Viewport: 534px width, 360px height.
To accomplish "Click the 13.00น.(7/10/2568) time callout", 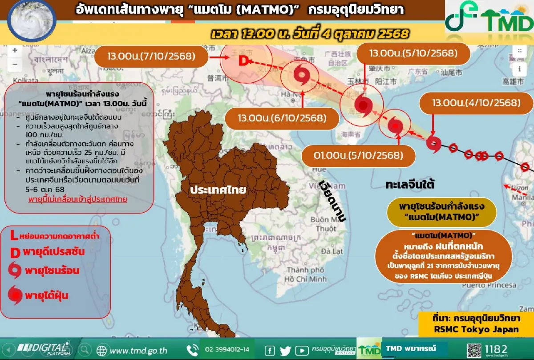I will pos(151,57).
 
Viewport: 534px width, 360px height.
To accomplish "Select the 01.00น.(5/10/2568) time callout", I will pos(358,156).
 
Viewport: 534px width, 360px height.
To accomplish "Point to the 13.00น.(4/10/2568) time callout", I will pos(476,103).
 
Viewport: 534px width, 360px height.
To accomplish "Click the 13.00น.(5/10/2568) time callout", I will pos(413,54).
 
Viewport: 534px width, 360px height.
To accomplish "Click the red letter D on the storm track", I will pos(243,61).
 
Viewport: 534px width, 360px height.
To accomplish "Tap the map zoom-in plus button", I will pos(15,50).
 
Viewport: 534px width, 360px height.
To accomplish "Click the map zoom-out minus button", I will pos(15,64).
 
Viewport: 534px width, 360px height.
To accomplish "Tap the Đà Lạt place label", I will pos(332,251).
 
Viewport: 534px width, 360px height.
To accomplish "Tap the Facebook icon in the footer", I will pos(270,350).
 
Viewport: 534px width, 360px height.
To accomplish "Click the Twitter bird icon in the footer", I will pos(285,350).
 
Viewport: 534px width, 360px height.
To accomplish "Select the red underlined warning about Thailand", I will pos(77,199).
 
